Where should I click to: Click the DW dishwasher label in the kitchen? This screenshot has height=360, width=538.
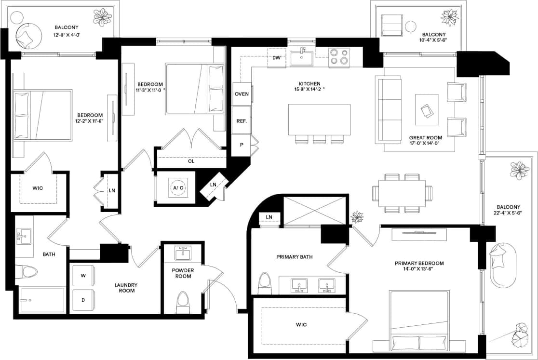tap(276, 58)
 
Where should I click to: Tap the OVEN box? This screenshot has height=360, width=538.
tap(242, 93)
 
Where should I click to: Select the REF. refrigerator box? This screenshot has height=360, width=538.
tap(242, 121)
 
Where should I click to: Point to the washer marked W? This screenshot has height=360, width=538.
tap(83, 276)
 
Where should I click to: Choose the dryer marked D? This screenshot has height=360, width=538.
tap(83, 300)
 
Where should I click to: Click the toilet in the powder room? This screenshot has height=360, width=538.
tap(183, 300)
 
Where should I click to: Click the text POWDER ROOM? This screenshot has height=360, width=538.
tap(183, 273)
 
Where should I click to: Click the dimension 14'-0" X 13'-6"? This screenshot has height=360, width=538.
tap(419, 269)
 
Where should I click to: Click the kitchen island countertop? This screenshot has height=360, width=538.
tap(320, 120)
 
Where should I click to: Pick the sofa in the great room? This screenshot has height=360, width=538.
tap(390, 110)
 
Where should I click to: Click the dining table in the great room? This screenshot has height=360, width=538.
tap(402, 193)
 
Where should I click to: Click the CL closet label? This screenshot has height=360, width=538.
tap(191, 161)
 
